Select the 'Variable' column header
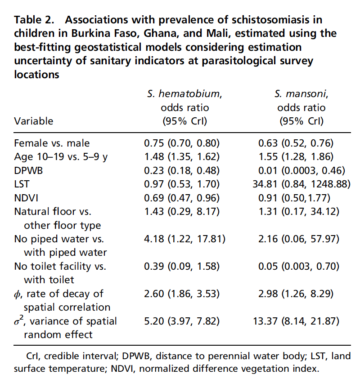point(33,121)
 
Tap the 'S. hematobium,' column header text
point(184,94)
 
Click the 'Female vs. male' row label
point(52,143)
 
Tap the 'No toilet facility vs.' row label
point(60,266)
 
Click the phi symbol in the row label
point(18,294)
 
